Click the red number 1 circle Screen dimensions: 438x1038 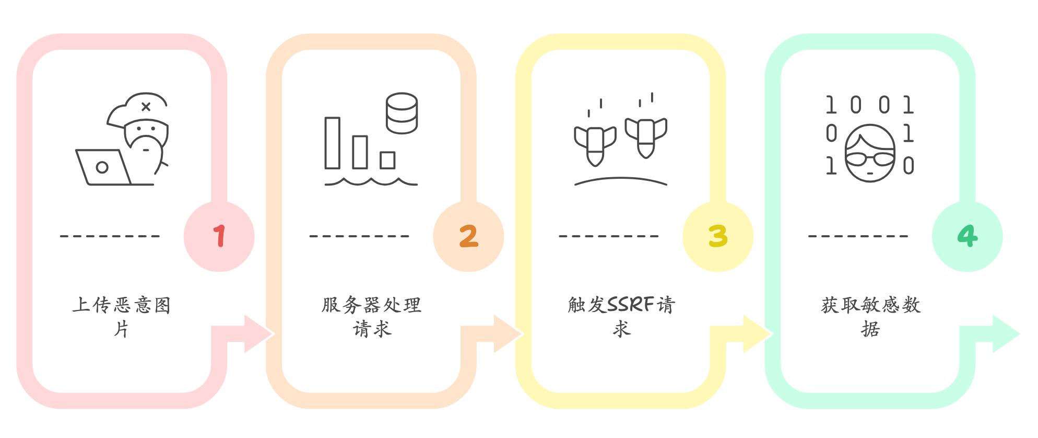[219, 236]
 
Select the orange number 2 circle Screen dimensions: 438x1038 [468, 236]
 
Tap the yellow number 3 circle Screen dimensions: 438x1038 [718, 236]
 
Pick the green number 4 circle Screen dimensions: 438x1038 [967, 236]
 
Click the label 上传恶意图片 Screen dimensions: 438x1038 [122, 316]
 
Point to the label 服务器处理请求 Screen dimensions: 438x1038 [371, 316]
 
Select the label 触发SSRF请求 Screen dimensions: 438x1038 [621, 316]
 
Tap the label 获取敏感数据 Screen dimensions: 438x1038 [870, 316]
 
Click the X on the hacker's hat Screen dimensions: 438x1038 [146, 107]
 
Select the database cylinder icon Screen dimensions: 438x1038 [402, 113]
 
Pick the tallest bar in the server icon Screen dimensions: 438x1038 [332, 143]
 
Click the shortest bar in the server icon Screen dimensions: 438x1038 [387, 160]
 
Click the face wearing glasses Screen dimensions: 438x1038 [870, 153]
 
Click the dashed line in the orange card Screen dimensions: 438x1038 [359, 236]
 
